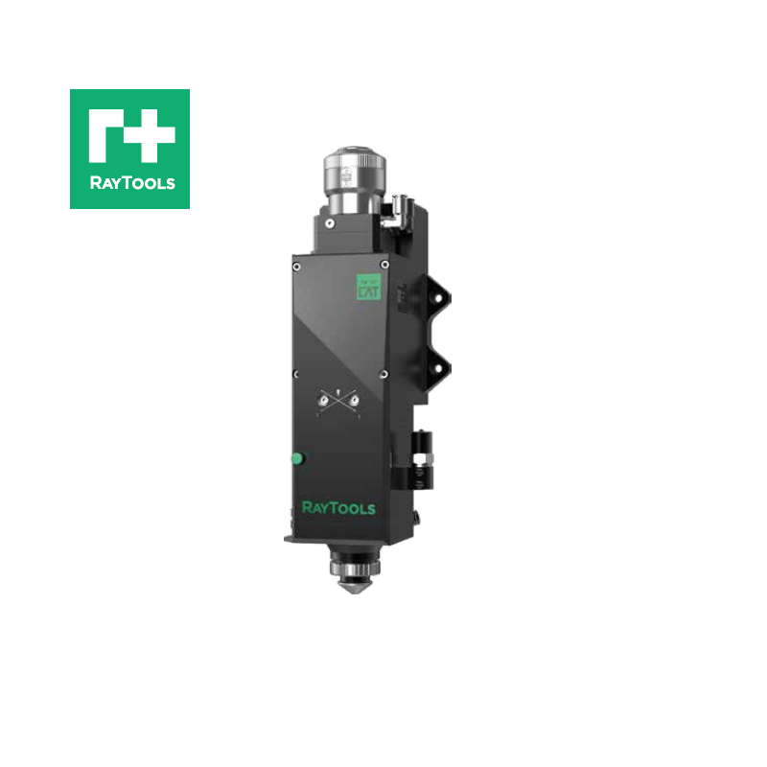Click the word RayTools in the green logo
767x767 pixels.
(x=129, y=182)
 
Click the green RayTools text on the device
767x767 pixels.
(x=338, y=507)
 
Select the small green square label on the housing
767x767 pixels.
(x=369, y=287)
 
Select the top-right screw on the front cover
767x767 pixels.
(x=384, y=266)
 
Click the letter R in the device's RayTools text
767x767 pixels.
(x=307, y=507)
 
